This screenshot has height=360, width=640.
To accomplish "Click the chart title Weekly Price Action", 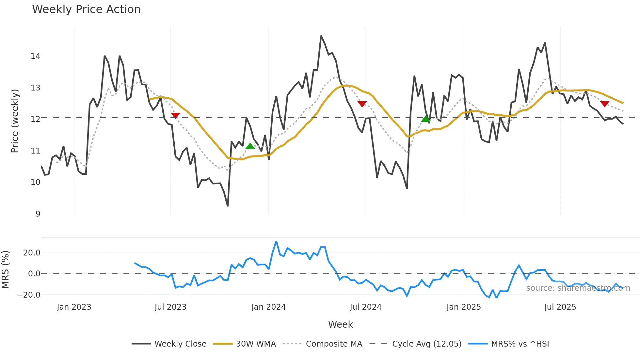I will [86, 9].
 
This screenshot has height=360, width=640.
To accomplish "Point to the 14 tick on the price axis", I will [36, 56].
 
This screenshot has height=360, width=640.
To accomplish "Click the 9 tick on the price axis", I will [38, 214].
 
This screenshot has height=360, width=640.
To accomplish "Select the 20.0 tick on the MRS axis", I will [32, 253].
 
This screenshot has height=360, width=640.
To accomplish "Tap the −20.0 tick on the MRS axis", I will [29, 295].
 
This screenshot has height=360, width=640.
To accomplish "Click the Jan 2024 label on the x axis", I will [268, 307].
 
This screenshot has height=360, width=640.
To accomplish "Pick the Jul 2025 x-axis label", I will [560, 307].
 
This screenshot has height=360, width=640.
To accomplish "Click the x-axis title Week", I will [340, 324].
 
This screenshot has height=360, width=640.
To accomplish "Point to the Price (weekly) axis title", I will [15, 121].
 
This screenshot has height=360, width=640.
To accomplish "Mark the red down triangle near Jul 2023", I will [175, 115].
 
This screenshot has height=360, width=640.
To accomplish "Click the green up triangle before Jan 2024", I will [250, 146].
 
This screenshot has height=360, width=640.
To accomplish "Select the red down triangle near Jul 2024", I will [362, 104].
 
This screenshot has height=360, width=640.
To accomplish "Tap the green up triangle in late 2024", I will [425, 119].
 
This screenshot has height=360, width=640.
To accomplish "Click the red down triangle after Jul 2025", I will [605, 104].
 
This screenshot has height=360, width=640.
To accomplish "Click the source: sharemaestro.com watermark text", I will [578, 288].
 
